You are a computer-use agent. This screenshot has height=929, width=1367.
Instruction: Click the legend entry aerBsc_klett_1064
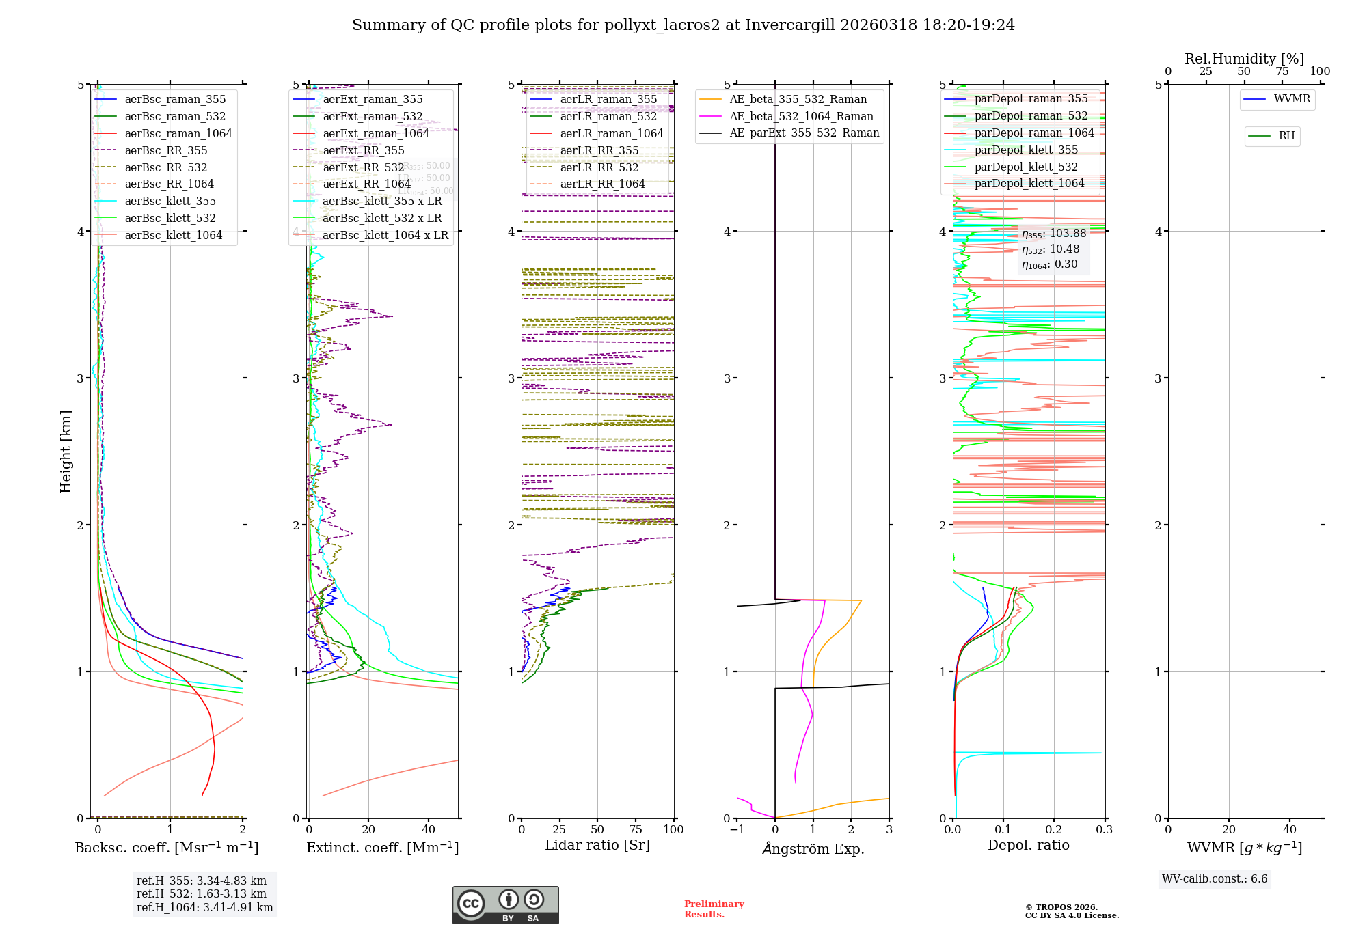coord(173,236)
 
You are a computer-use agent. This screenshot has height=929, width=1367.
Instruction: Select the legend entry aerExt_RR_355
coord(363,151)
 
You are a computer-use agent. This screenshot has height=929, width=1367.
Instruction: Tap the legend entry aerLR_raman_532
coord(608,117)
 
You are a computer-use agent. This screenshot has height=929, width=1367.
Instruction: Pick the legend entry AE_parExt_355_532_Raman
coord(804,133)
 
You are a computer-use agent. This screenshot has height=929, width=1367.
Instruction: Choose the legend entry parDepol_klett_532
coord(1025,167)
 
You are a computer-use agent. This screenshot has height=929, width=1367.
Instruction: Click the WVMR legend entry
coord(1291,99)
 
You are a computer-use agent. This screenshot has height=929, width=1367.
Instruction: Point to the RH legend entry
coord(1286,136)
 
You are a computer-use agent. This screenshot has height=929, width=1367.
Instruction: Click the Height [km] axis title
coord(66,451)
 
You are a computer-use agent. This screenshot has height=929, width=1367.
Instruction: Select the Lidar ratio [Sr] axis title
coord(597,845)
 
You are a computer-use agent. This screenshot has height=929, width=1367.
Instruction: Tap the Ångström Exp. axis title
coord(813,848)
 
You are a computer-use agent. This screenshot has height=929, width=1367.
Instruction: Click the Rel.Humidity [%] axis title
coord(1244,59)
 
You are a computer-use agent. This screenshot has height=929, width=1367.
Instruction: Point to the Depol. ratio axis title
coord(1028,845)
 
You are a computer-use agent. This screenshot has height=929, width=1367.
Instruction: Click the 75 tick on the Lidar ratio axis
coord(636,829)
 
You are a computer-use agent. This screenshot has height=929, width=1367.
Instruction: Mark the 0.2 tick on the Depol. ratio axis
coord(1054,829)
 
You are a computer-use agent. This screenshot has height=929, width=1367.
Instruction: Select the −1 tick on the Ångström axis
coord(737,829)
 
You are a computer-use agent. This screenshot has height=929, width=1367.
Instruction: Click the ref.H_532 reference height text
coord(201,894)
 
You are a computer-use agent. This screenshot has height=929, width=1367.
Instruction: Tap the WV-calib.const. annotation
coord(1215,879)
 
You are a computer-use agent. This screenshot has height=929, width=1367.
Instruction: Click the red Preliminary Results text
coord(714,909)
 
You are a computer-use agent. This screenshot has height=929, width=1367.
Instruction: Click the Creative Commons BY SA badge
coord(505,904)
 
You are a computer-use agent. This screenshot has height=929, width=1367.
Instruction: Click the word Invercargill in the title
coord(790,25)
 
